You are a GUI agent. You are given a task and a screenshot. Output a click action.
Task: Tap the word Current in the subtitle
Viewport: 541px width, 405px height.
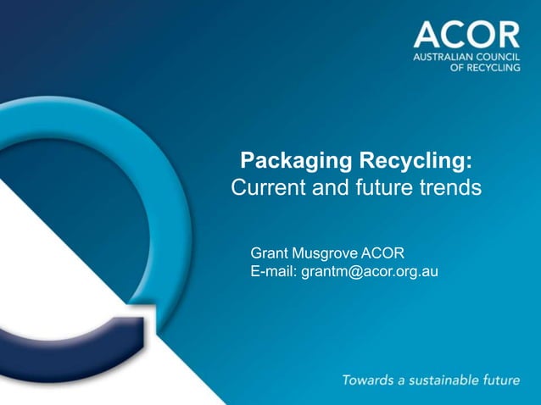[261, 187]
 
